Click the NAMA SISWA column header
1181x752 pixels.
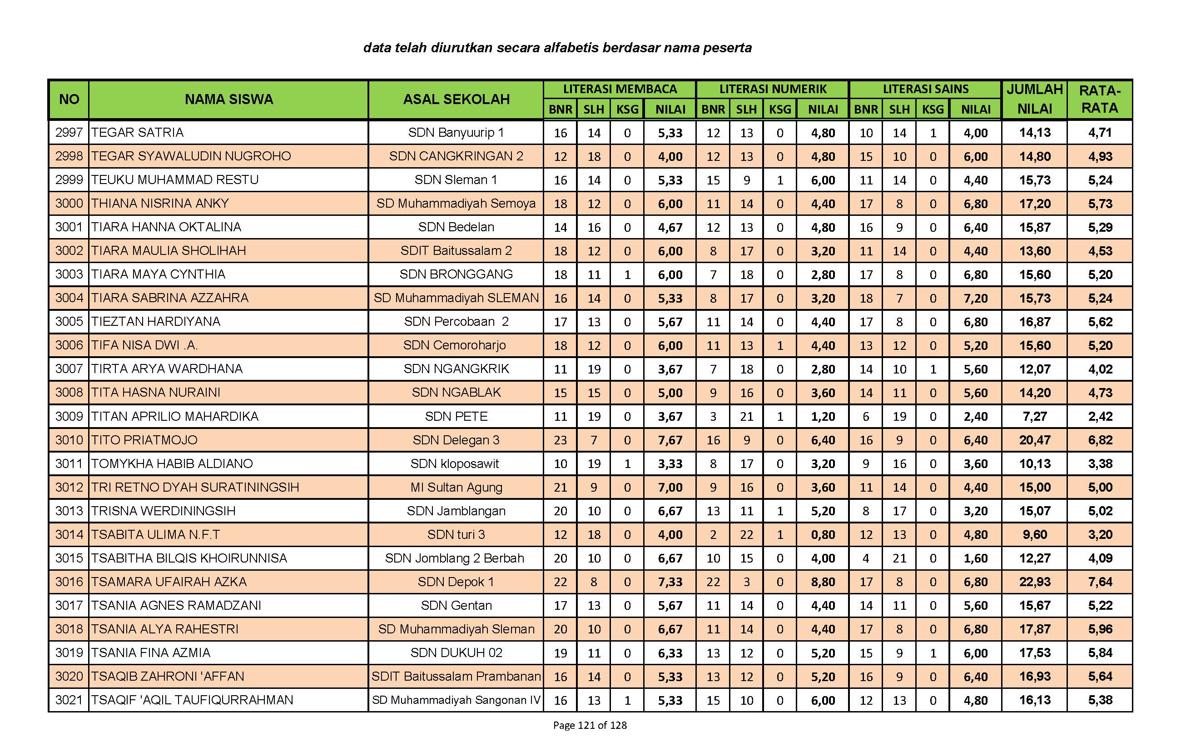228,99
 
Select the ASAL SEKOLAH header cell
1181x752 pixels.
456,99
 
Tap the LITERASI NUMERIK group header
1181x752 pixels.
773,89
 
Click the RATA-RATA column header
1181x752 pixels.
1100,99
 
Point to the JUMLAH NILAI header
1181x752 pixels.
1034,99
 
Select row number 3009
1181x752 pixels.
69,417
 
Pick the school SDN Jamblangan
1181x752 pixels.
456,511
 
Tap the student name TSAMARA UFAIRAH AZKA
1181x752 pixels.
169,582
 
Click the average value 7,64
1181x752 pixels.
1100,582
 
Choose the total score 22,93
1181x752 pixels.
1034,582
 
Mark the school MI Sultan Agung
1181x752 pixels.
456,488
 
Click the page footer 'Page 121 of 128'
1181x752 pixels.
590,725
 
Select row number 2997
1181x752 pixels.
69,132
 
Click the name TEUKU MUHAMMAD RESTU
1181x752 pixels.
174,180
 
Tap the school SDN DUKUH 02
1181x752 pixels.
456,653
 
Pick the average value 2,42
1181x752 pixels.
1100,417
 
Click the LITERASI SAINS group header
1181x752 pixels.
925,89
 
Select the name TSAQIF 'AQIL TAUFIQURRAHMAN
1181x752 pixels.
192,700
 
